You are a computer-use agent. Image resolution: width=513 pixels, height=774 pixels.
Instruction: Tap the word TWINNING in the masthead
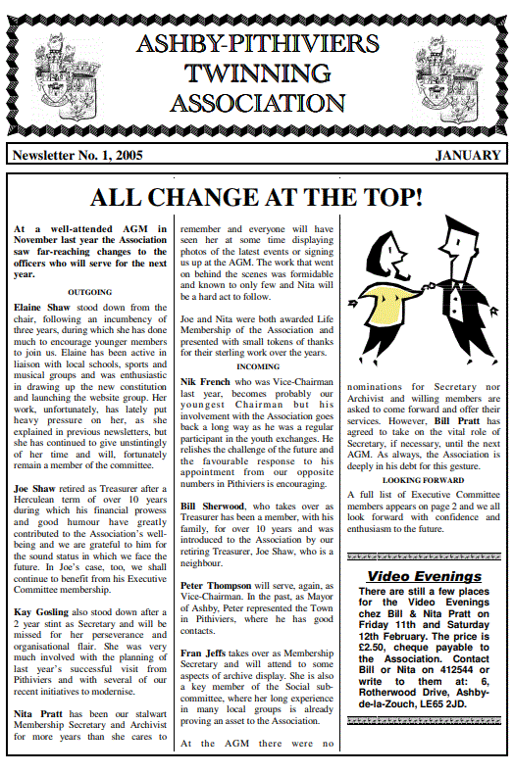(257, 73)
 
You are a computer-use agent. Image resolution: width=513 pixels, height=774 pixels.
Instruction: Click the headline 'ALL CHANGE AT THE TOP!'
(256, 198)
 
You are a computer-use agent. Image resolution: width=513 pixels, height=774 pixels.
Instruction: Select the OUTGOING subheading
(89, 292)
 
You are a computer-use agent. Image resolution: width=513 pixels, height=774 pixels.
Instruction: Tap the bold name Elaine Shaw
(40, 307)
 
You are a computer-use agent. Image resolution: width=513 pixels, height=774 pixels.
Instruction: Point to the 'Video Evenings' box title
(424, 576)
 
